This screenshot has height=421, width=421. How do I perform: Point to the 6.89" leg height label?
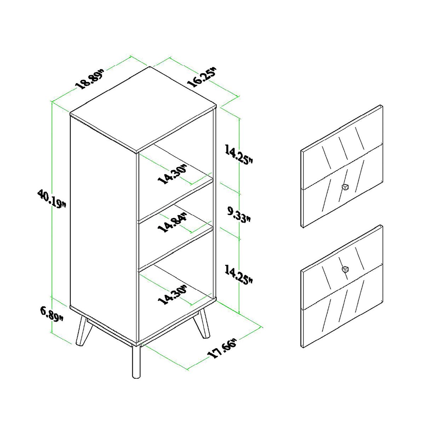[x=52, y=314]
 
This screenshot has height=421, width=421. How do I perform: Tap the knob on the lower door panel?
[x=345, y=269]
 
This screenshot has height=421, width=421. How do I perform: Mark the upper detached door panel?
[x=341, y=166]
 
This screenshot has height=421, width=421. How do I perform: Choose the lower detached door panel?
[x=341, y=287]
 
